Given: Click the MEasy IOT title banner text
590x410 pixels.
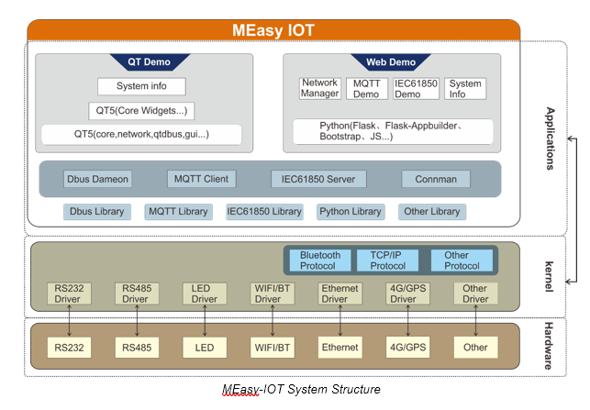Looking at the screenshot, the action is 273,30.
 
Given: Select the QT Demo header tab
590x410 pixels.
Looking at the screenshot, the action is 150,61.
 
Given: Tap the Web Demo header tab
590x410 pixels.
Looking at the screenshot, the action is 391,61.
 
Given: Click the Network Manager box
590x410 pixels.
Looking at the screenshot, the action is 320,88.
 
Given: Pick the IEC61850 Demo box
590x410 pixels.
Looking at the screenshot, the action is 416,89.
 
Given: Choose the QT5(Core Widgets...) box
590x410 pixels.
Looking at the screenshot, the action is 141,111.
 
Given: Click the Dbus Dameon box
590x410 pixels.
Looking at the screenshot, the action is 97,179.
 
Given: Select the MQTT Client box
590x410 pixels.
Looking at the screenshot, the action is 201,179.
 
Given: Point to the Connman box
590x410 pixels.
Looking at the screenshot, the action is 436,179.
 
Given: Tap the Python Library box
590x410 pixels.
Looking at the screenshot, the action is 351,212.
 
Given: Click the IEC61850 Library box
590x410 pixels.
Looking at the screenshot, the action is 264,212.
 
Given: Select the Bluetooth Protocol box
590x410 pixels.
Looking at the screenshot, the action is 320,260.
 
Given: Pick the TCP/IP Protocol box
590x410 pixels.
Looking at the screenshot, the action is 387,260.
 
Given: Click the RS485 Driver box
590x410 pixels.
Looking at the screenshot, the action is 137,294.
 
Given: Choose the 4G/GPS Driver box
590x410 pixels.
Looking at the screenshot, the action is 408,294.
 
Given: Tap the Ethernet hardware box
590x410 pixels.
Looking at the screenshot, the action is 340,348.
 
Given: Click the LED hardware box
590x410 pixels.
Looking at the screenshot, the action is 205,348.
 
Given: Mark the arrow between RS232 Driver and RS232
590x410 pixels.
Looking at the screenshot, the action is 69,320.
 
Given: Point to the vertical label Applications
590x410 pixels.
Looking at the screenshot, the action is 551,139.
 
